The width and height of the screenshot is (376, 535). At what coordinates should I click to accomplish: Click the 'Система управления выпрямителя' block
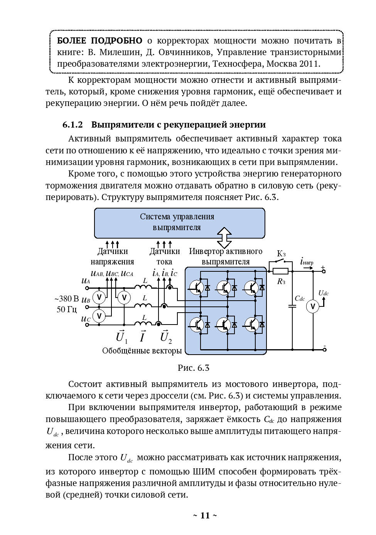(179, 222)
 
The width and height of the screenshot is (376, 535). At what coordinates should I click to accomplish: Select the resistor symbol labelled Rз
(281, 271)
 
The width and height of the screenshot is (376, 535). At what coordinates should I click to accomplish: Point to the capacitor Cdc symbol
(292, 306)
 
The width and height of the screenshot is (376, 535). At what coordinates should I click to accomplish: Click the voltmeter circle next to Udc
(313, 306)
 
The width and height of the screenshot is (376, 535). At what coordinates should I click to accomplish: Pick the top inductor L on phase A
(144, 288)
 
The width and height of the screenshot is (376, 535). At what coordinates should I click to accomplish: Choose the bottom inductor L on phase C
(144, 324)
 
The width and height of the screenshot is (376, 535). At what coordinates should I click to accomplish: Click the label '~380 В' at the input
(66, 299)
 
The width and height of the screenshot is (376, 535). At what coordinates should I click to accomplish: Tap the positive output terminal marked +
(324, 271)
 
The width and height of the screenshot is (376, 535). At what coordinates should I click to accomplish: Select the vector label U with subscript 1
(121, 337)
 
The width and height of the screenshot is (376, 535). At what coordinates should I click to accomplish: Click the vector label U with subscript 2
(166, 337)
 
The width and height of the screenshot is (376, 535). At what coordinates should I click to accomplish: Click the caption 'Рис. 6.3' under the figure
(193, 368)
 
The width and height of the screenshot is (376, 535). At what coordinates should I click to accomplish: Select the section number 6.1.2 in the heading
(73, 125)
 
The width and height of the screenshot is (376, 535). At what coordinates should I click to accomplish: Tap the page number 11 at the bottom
(205, 515)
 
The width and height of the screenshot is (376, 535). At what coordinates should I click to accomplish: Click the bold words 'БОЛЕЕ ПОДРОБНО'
(99, 41)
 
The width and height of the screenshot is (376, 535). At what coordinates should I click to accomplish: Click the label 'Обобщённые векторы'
(142, 351)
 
